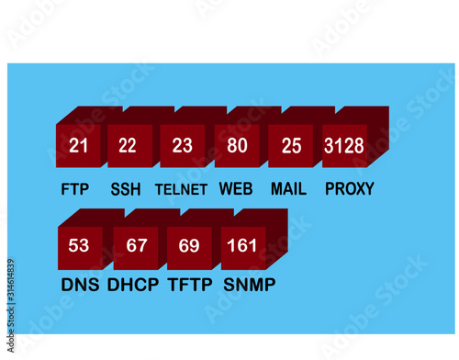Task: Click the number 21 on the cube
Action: tap(79, 145)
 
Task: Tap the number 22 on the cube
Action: tap(128, 145)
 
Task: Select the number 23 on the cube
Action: tap(183, 145)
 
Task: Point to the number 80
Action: tap(237, 145)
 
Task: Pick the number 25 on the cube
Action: tap(291, 145)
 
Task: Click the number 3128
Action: tap(344, 145)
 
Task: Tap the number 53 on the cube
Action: tap(79, 245)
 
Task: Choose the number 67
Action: tap(136, 245)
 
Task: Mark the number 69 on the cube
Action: tap(189, 245)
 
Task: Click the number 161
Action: tap(241, 245)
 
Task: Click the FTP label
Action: tap(75, 191)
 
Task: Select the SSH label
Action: tap(126, 191)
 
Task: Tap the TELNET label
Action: tap(181, 191)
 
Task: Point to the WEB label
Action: tap(236, 190)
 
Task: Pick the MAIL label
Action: tap(288, 190)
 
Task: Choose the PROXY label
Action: tap(350, 190)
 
